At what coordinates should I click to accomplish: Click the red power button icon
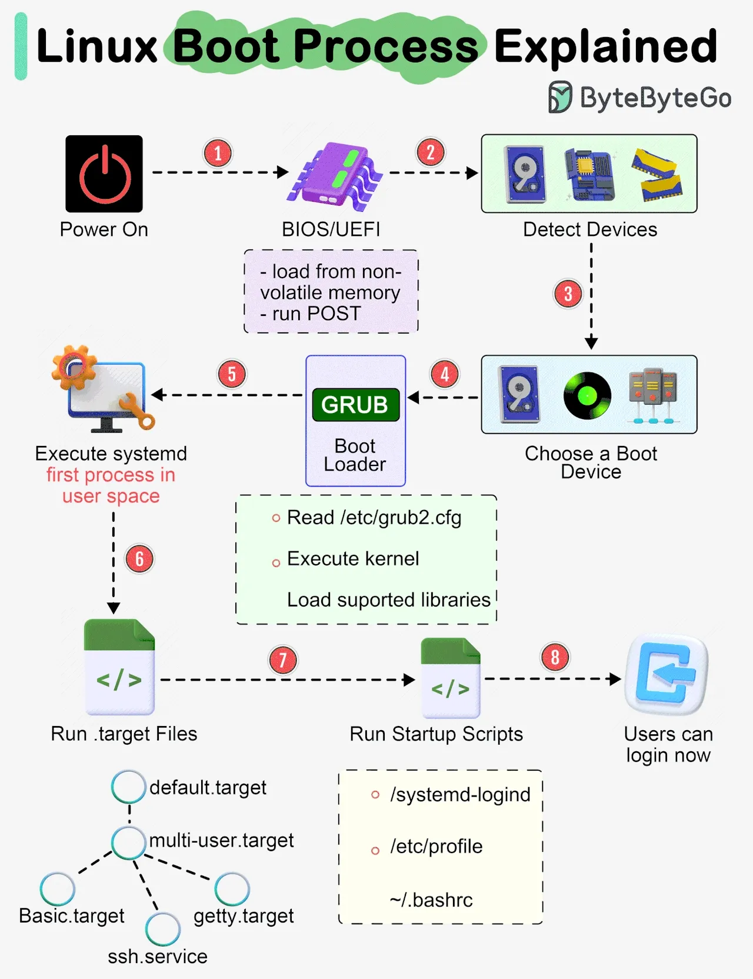[104, 174]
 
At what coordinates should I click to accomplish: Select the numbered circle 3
[568, 294]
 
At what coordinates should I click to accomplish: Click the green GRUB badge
[355, 405]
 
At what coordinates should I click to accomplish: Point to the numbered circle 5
[232, 374]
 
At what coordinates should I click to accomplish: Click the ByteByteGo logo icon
[559, 97]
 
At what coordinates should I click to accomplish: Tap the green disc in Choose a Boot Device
[587, 395]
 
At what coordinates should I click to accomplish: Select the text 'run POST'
[316, 314]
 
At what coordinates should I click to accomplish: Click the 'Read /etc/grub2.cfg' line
[374, 518]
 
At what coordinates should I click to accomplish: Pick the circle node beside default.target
[128, 787]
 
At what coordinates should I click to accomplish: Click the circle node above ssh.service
[162, 929]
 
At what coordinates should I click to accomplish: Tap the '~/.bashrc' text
[431, 900]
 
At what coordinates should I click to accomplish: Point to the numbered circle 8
[555, 657]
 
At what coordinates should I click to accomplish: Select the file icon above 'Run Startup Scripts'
[451, 678]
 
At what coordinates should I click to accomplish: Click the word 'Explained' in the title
[605, 46]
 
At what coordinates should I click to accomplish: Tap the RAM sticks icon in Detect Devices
[657, 174]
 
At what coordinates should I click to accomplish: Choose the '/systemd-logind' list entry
[459, 794]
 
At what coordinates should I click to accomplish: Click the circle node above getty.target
[232, 889]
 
